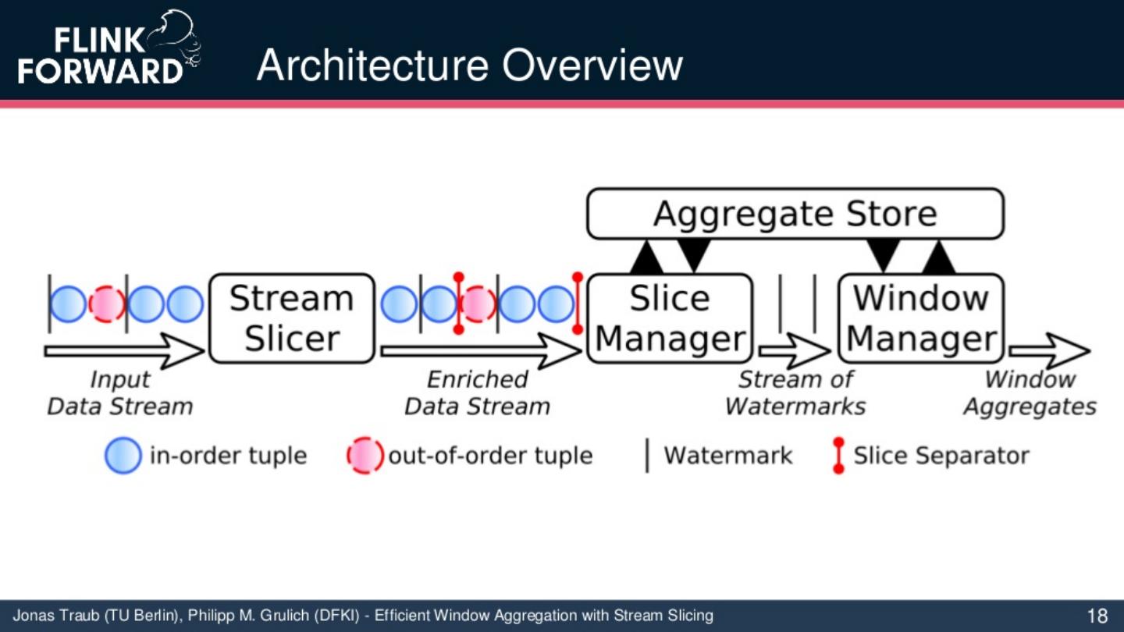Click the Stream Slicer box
coord(292,318)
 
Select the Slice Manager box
coord(670,318)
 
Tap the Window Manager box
coord(921,318)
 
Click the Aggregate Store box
coord(795,214)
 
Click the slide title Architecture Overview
coord(469,66)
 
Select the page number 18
coord(1097,616)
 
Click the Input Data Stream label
coord(119,393)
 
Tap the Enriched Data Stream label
coord(477,393)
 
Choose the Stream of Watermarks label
coord(795,393)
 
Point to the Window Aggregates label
coord(1030,393)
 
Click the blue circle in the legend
coord(123,456)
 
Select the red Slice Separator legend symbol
coord(838,456)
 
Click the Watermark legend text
coord(727,456)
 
